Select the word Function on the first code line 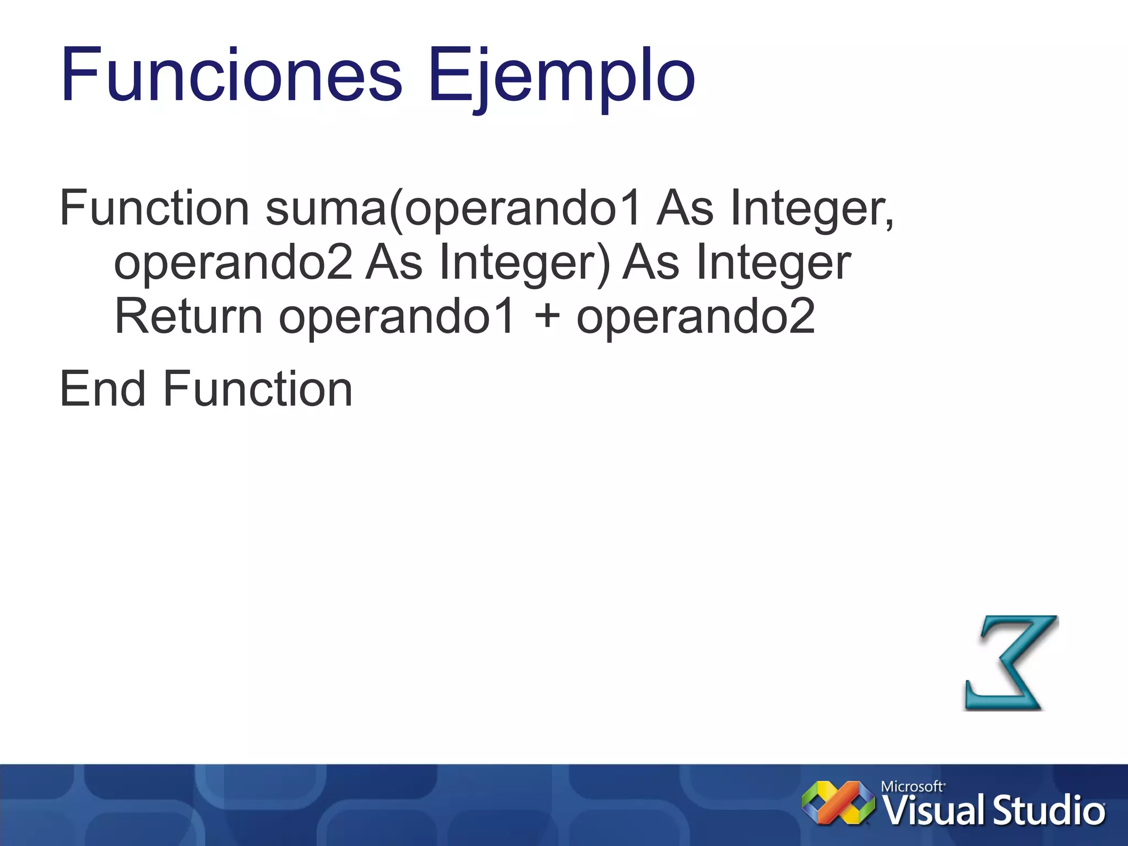click(155, 208)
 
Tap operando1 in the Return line click(397, 316)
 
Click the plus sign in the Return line click(547, 316)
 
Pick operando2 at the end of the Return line click(695, 316)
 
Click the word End click(103, 389)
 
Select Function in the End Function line click(258, 389)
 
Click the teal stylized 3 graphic click(1011, 663)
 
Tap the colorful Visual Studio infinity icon click(838, 803)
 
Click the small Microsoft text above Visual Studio click(912, 787)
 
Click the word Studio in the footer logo click(1049, 811)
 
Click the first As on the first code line click(685, 208)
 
